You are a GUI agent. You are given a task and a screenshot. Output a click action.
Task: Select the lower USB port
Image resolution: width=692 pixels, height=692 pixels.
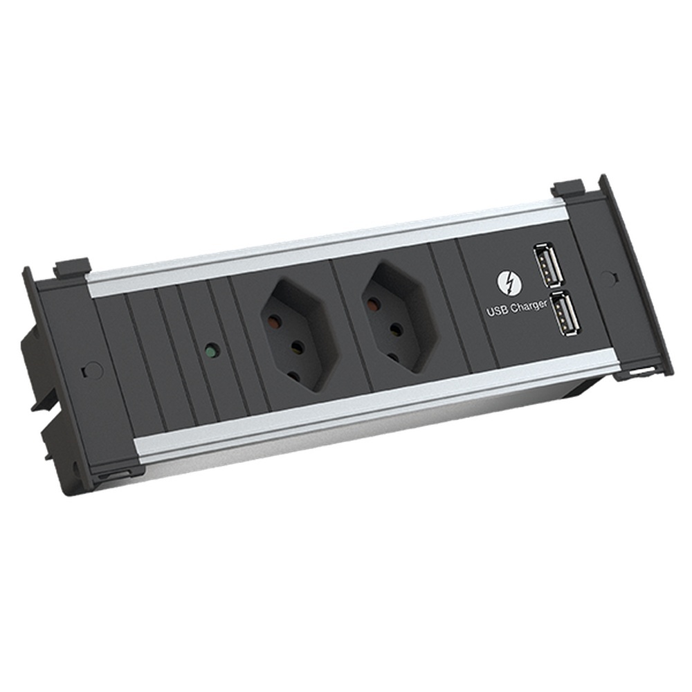pos(562,316)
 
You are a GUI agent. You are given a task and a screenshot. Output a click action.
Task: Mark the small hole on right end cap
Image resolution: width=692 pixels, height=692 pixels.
pos(608,275)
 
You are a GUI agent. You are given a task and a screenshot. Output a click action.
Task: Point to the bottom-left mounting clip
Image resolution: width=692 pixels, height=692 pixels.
pos(111,474)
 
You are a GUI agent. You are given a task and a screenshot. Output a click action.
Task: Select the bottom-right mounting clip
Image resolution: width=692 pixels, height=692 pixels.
pos(640,374)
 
